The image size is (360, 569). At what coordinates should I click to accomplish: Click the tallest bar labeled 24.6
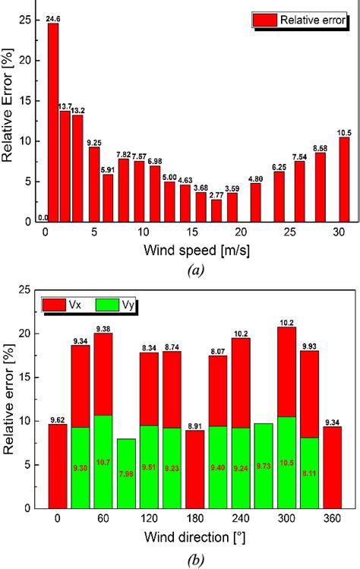click(x=53, y=122)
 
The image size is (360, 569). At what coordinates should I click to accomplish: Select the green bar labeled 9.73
click(x=264, y=465)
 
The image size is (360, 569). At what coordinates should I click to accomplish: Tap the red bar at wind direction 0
click(x=58, y=466)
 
